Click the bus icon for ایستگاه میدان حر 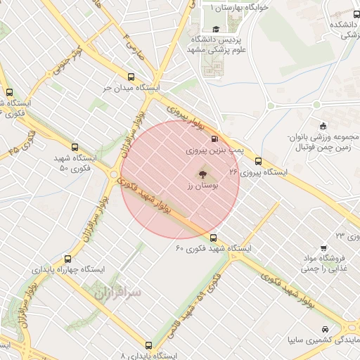[131, 77]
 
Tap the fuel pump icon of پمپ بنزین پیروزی [214, 139]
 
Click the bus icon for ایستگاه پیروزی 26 [259, 161]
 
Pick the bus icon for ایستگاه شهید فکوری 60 [214, 238]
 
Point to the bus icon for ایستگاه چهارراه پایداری [67, 259]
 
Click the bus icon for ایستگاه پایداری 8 [148, 345]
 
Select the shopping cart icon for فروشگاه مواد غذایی [323, 247]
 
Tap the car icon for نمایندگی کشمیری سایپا [323, 329]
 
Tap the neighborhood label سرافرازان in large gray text [117, 291]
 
